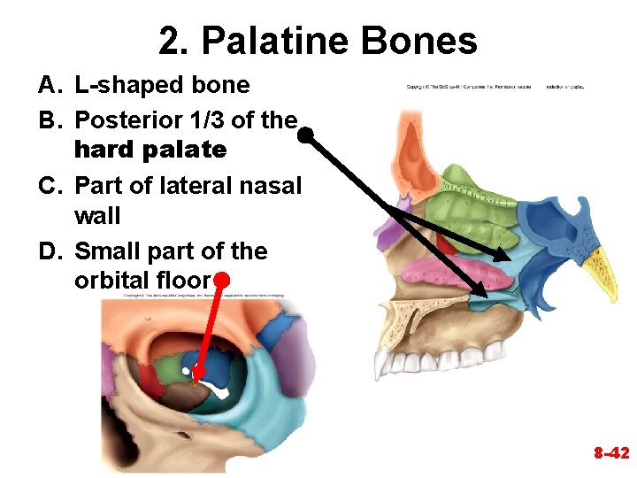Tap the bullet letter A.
(49, 85)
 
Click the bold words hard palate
(150, 150)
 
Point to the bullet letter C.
(49, 186)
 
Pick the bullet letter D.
(50, 251)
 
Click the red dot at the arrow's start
(222, 280)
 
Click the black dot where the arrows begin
(305, 136)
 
